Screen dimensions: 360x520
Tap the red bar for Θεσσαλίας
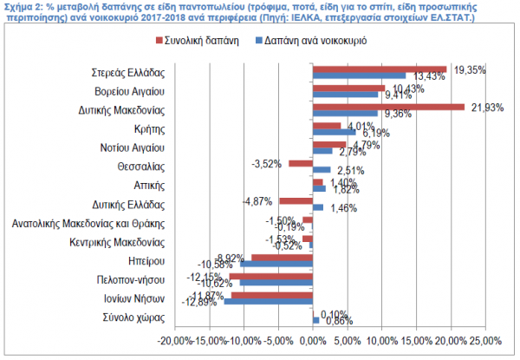pos(301,162)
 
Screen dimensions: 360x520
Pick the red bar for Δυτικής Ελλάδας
pos(296,200)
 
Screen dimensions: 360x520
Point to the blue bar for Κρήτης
pos(334,133)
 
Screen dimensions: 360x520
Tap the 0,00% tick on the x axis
pos(312,339)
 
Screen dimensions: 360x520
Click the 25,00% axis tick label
pos(484,339)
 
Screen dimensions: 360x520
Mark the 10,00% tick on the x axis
pos(381,339)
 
